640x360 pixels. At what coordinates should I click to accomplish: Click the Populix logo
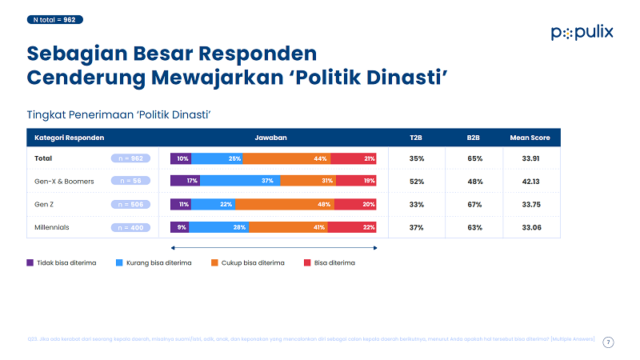click(x=582, y=32)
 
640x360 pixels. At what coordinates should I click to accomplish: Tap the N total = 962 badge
click(x=54, y=18)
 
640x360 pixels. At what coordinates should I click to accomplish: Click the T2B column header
click(x=416, y=138)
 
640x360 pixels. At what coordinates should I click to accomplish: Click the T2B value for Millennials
click(x=416, y=228)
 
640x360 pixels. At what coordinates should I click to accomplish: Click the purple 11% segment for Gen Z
click(x=181, y=205)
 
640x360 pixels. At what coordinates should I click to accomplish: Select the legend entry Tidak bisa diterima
click(x=66, y=262)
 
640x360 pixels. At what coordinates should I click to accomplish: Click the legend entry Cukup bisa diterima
click(x=248, y=262)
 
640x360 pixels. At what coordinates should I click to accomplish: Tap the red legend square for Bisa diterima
click(x=307, y=262)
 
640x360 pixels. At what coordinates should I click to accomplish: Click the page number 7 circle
click(x=608, y=342)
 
